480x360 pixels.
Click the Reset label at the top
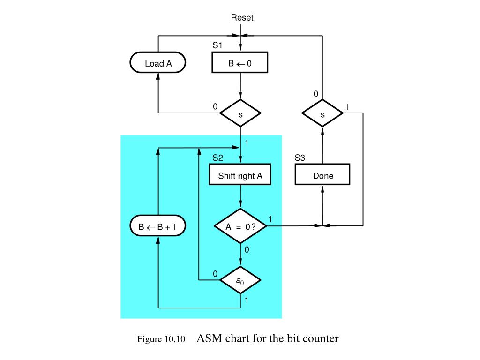pyautogui.click(x=242, y=18)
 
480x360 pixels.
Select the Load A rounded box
pyautogui.click(x=158, y=63)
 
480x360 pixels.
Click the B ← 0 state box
pyautogui.click(x=240, y=63)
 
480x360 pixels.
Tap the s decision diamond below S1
pyautogui.click(x=240, y=113)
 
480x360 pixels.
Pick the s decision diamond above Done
pyautogui.click(x=322, y=113)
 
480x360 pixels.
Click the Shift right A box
pyautogui.click(x=240, y=176)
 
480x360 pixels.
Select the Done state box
pyautogui.click(x=322, y=176)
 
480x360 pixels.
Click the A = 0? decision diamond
pyautogui.click(x=240, y=226)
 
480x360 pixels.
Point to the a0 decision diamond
pyautogui.click(x=240, y=281)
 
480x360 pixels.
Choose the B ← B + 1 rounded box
pyautogui.click(x=158, y=226)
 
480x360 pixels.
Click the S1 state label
pyautogui.click(x=217, y=46)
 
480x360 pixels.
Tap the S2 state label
pyautogui.click(x=217, y=158)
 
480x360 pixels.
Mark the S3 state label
pyautogui.click(x=300, y=158)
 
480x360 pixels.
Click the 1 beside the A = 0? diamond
pyautogui.click(x=270, y=219)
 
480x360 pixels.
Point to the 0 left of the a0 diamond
pyautogui.click(x=215, y=274)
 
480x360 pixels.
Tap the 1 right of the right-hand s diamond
pyautogui.click(x=347, y=107)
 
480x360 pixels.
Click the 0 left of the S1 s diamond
pyautogui.click(x=215, y=106)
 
